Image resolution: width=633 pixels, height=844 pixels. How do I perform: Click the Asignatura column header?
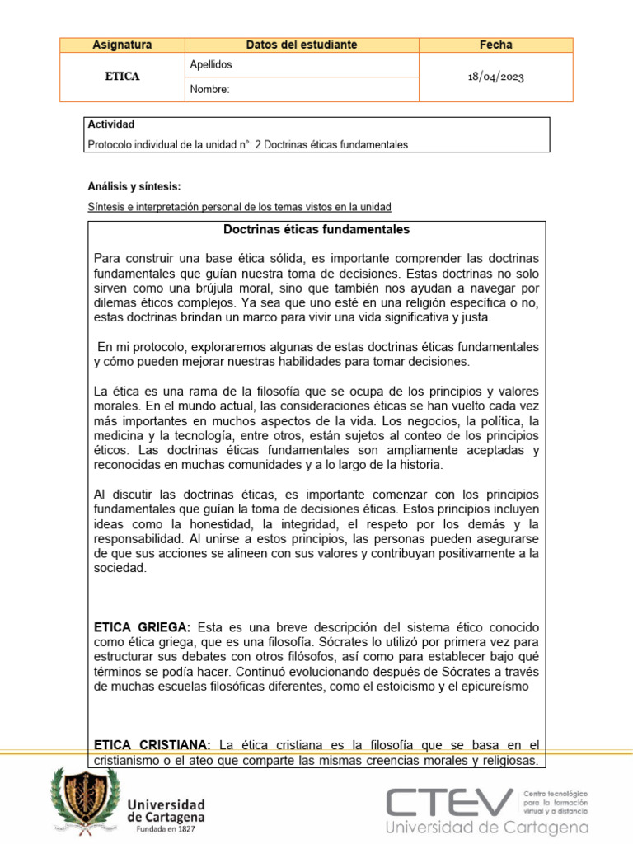pyautogui.click(x=122, y=45)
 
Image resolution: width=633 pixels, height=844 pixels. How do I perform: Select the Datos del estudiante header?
pyautogui.click(x=301, y=45)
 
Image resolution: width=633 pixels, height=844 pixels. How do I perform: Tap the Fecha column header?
pyautogui.click(x=495, y=45)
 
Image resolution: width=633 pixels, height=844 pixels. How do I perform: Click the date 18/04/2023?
pyautogui.click(x=495, y=77)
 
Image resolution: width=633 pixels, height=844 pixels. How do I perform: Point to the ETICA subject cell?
pyautogui.click(x=122, y=77)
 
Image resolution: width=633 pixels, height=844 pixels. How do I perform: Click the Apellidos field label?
pyautogui.click(x=211, y=64)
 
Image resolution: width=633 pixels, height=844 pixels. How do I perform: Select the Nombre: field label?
pyautogui.click(x=209, y=89)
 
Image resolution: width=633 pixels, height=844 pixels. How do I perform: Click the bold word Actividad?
pyautogui.click(x=110, y=124)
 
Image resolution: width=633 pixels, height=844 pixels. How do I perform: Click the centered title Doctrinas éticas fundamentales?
pyautogui.click(x=316, y=229)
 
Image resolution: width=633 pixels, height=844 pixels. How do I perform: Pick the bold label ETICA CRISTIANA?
pyautogui.click(x=152, y=746)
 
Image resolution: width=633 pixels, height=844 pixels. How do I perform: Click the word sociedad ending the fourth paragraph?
pyautogui.click(x=120, y=568)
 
